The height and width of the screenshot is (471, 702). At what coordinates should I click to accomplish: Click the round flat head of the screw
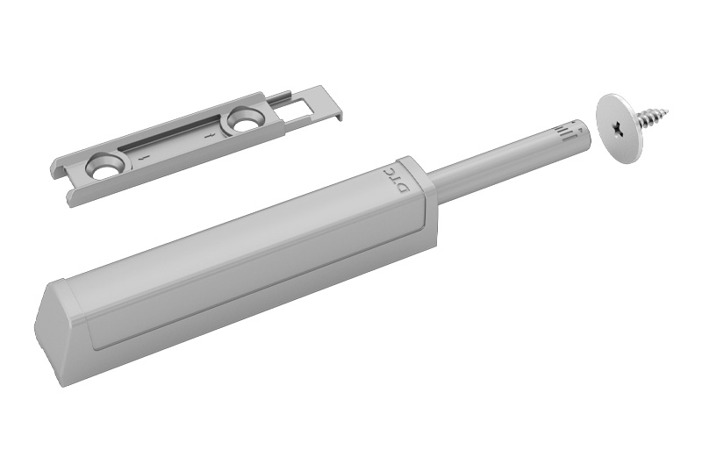pos(620,128)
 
